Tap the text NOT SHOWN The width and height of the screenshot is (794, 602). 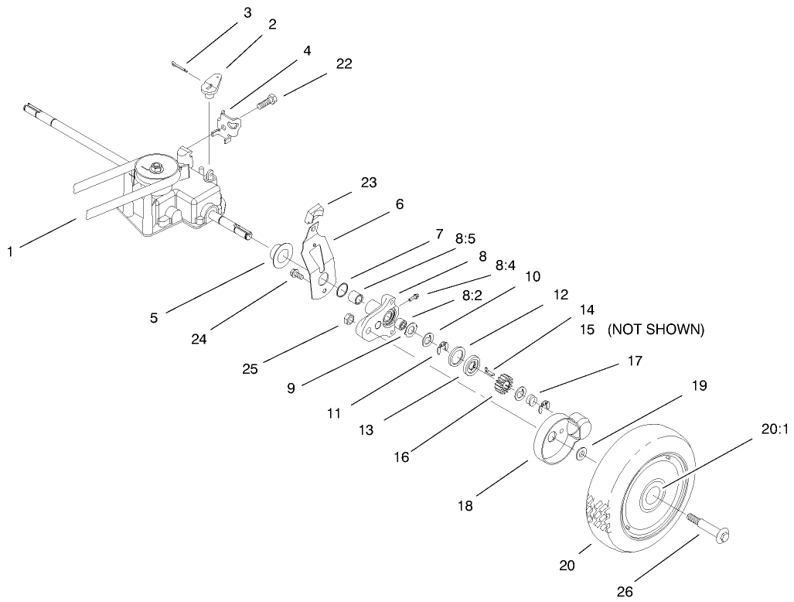pos(656,330)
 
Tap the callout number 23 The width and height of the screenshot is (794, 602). pos(368,183)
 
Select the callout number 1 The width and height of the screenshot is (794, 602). pos(10,251)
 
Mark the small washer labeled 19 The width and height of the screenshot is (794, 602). pos(581,453)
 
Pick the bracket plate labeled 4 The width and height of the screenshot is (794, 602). pos(230,125)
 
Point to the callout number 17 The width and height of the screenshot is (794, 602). pos(635,361)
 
